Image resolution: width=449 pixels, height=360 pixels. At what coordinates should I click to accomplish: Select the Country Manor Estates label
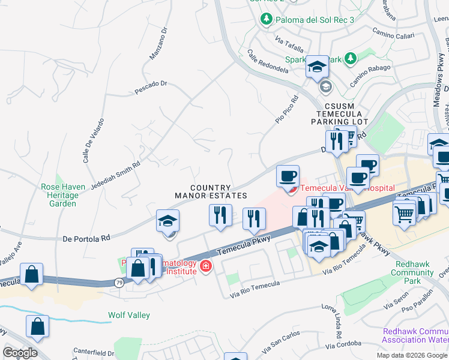click(x=211, y=192)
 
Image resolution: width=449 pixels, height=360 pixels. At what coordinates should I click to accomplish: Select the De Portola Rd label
click(x=86, y=238)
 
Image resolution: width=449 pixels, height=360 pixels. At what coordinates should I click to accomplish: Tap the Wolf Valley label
click(x=128, y=315)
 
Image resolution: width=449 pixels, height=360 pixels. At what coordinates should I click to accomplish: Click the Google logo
click(x=19, y=353)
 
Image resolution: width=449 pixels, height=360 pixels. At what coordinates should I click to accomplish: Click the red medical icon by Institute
click(x=206, y=266)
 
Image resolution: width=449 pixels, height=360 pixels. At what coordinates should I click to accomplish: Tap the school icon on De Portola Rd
click(x=168, y=221)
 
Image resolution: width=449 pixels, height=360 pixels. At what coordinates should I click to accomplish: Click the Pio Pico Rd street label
click(x=286, y=110)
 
